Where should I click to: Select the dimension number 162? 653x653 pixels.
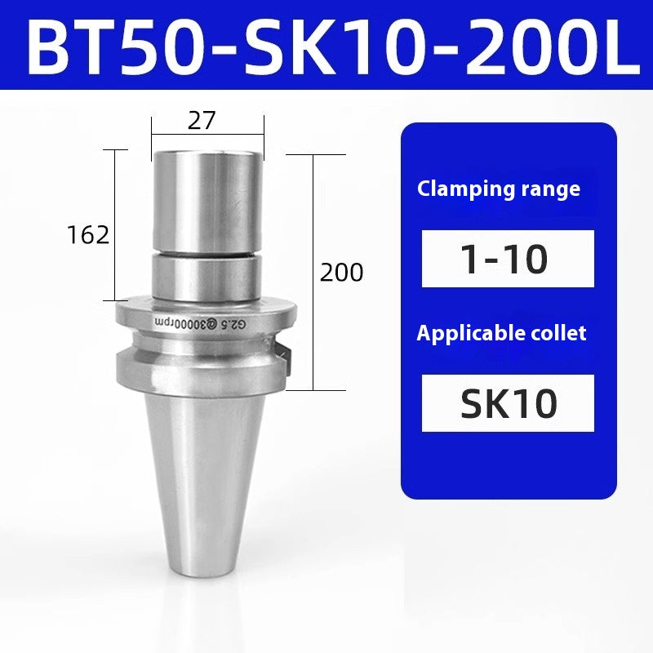tap(88, 235)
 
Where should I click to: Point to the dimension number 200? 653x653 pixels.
tap(341, 272)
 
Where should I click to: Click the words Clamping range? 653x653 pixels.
tap(499, 189)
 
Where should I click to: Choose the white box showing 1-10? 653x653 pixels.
tap(508, 259)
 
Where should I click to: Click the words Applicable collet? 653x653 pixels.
tap(501, 333)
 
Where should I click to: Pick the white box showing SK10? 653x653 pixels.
tap(508, 402)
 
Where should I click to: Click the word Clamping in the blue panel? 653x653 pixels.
tap(455, 189)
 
